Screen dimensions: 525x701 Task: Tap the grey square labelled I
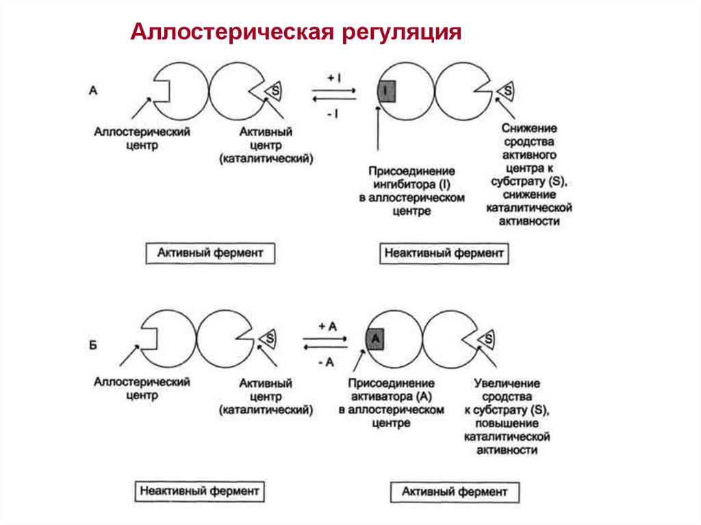[x=387, y=91]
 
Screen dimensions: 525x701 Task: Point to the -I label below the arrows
[x=333, y=114]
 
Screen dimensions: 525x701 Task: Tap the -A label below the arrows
[x=326, y=363]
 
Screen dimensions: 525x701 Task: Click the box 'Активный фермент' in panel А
[x=210, y=253]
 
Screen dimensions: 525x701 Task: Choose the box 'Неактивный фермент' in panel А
[x=444, y=253]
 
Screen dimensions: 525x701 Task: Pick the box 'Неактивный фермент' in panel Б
[x=200, y=491]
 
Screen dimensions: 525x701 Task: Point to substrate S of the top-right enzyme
[x=508, y=91]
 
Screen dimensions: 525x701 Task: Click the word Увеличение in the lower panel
[x=507, y=383]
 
